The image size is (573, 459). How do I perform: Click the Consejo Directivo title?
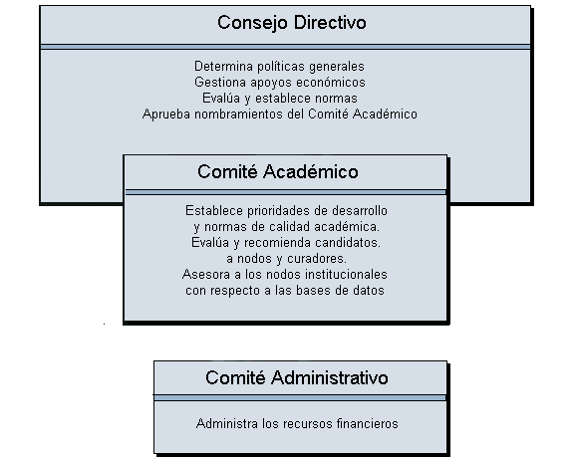pyautogui.click(x=292, y=23)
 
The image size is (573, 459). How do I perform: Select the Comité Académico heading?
pyautogui.click(x=278, y=171)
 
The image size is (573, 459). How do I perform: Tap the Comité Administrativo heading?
pyautogui.click(x=296, y=377)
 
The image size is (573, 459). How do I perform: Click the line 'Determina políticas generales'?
pyautogui.click(x=279, y=67)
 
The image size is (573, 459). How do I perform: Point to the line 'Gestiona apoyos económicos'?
pyautogui.click(x=280, y=83)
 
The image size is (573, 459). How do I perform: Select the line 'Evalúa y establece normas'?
pyautogui.click(x=280, y=99)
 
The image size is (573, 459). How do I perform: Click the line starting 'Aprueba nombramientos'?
pyautogui.click(x=280, y=115)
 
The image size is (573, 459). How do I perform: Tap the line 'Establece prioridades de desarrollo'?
pyautogui.click(x=286, y=211)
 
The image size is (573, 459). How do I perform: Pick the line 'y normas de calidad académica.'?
pyautogui.click(x=287, y=227)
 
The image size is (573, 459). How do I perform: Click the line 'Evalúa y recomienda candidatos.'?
pyautogui.click(x=286, y=243)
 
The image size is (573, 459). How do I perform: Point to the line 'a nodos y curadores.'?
pyautogui.click(x=286, y=259)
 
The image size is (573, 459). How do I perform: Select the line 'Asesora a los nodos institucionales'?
pyautogui.click(x=285, y=274)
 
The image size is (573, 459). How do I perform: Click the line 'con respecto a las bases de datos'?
pyautogui.click(x=285, y=291)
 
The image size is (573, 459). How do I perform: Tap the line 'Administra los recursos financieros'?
pyautogui.click(x=297, y=423)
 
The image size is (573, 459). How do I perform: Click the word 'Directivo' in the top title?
pyautogui.click(x=330, y=23)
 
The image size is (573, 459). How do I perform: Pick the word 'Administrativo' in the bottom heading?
pyautogui.click(x=330, y=377)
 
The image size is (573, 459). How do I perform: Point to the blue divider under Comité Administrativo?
pyautogui.click(x=300, y=397)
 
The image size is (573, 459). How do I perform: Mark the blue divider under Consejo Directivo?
pyautogui.click(x=285, y=47)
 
